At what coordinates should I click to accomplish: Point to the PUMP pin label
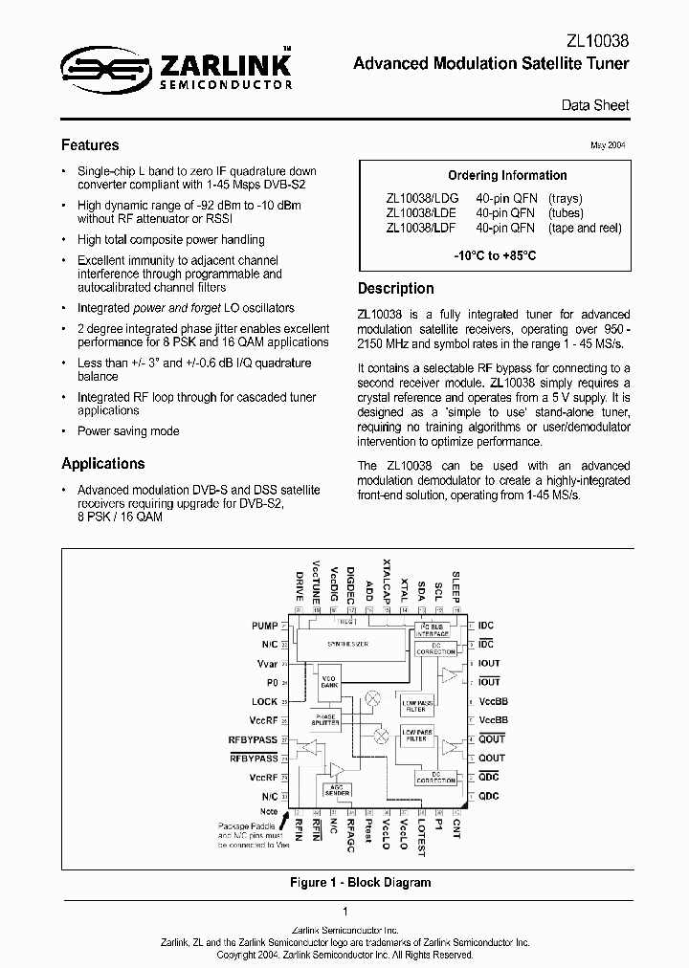pos(264,626)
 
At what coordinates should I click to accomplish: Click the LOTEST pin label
pos(421,832)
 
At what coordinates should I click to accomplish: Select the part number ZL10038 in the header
pos(596,42)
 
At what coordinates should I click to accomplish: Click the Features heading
pos(90,145)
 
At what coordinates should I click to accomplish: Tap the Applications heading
pos(103,464)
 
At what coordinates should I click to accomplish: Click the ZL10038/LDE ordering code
pos(421,213)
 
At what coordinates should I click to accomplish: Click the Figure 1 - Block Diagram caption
pos(360,882)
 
